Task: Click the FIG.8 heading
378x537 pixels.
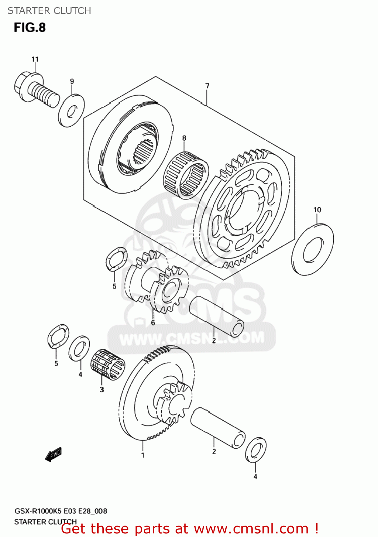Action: (30, 28)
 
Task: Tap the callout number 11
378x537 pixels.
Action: (35, 59)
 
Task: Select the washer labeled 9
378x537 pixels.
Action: (71, 111)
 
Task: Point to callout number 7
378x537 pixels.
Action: (207, 86)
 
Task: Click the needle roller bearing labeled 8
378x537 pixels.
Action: (186, 175)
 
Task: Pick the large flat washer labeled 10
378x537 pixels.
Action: (313, 249)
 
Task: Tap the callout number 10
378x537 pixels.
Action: (317, 210)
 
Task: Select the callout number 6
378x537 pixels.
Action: (153, 323)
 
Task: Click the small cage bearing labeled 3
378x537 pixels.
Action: (108, 364)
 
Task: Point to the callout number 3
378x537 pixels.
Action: (102, 390)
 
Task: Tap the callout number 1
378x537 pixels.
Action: (143, 455)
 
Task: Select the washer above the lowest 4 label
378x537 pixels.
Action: (255, 449)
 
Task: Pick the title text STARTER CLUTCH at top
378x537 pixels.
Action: (49, 11)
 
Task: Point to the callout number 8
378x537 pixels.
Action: (184, 138)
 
